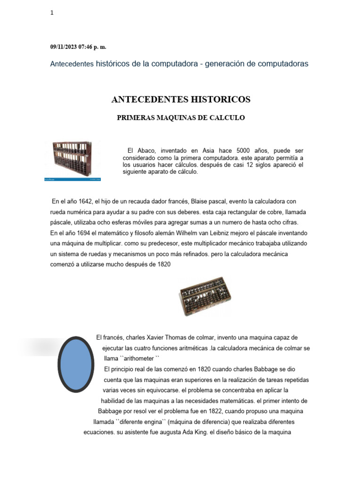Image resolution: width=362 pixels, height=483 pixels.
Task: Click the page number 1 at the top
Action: tap(52, 13)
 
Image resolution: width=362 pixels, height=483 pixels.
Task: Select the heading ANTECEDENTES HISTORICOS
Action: tap(181, 100)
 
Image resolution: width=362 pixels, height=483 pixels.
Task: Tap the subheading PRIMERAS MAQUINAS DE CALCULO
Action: tap(181, 118)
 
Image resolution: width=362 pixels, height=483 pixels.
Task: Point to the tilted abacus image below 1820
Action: tap(205, 296)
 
